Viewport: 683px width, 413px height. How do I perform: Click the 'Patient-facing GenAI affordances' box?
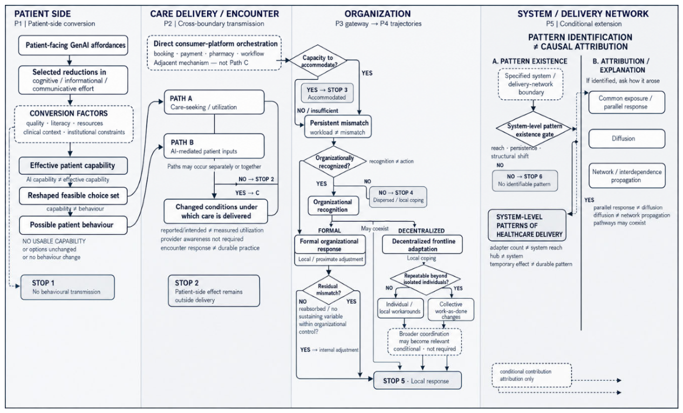tap(73, 45)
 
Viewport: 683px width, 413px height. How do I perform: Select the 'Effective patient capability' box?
tap(73, 166)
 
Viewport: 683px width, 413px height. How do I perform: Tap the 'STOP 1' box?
tap(67, 287)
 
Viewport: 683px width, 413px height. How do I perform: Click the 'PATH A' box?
tap(214, 102)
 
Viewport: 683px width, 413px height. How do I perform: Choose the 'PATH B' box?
tap(214, 146)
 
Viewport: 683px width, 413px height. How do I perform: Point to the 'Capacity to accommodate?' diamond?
tap(318, 60)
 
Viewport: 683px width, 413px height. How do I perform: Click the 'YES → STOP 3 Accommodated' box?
tap(327, 93)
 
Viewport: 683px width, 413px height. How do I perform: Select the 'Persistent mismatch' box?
tap(338, 127)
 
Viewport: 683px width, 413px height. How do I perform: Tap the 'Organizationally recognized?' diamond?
tap(334, 162)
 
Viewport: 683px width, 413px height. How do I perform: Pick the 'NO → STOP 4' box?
tap(398, 197)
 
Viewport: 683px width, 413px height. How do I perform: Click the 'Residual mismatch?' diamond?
tap(329, 290)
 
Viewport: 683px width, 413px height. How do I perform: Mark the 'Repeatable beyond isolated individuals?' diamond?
tap(425, 279)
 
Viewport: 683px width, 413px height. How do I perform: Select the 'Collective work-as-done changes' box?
tap(450, 309)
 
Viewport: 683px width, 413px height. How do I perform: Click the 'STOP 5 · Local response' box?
tap(418, 381)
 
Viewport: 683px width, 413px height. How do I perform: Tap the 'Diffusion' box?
tap(626, 139)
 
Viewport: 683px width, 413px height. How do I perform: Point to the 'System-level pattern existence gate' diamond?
tap(534, 129)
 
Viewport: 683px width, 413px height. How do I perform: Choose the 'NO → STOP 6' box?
tap(525, 181)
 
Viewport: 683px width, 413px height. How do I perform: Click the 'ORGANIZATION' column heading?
tap(378, 13)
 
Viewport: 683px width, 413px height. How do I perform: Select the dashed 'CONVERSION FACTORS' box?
tap(74, 124)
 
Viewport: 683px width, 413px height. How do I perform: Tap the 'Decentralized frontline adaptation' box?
tap(422, 244)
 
